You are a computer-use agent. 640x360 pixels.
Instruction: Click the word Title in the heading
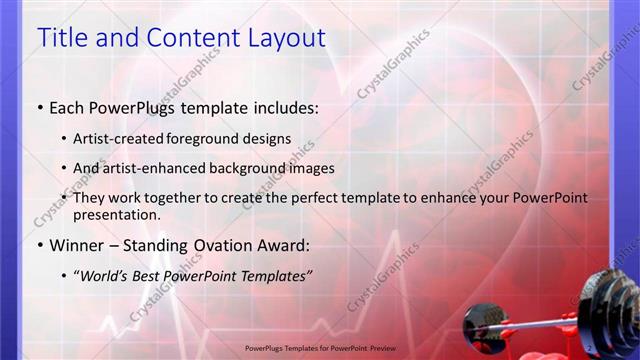click(62, 38)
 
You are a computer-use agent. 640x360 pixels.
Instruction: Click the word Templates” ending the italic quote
click(272, 276)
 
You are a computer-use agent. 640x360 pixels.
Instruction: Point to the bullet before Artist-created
click(64, 139)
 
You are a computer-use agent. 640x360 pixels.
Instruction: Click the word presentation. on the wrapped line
click(116, 214)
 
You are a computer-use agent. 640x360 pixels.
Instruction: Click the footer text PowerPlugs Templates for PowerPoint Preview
click(320, 349)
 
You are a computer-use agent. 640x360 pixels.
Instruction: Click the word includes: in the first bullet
click(285, 107)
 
